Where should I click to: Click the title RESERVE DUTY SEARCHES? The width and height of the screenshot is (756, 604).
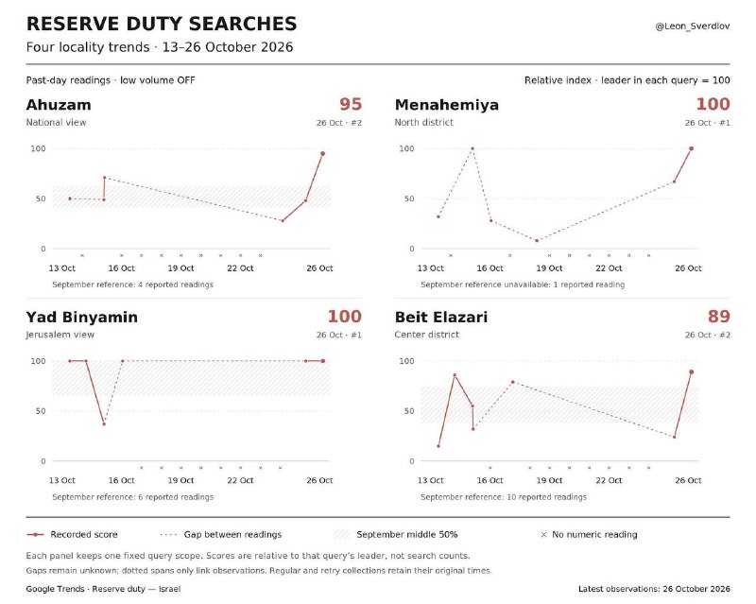[162, 24]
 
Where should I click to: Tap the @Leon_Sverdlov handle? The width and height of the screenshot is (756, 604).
[693, 26]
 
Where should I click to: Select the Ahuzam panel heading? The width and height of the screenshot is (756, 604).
[59, 105]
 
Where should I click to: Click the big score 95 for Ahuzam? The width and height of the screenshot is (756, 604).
[351, 104]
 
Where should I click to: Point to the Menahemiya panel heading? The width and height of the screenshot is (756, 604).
[446, 105]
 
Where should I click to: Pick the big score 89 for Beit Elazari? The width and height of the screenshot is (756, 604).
[719, 317]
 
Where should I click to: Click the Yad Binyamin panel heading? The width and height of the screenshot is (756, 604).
[82, 317]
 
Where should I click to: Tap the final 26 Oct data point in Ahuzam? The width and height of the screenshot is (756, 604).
[322, 154]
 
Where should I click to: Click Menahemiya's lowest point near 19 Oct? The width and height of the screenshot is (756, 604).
[537, 240]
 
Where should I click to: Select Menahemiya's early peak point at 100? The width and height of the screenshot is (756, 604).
[472, 148]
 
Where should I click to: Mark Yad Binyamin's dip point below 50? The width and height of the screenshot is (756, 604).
[104, 424]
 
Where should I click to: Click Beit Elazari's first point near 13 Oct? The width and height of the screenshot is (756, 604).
[438, 446]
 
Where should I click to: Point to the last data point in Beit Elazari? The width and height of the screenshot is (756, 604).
[692, 372]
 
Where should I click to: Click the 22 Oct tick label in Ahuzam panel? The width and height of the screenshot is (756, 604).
[240, 268]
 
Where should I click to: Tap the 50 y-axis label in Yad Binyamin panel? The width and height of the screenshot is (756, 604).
[41, 411]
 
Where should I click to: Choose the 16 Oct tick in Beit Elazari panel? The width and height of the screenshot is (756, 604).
[490, 480]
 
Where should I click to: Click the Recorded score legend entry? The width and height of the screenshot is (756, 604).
[72, 535]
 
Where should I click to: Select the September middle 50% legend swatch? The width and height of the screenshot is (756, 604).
[342, 535]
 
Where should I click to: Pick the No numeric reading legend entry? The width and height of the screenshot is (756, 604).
[589, 535]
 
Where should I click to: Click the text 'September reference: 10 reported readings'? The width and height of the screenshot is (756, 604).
[504, 497]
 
